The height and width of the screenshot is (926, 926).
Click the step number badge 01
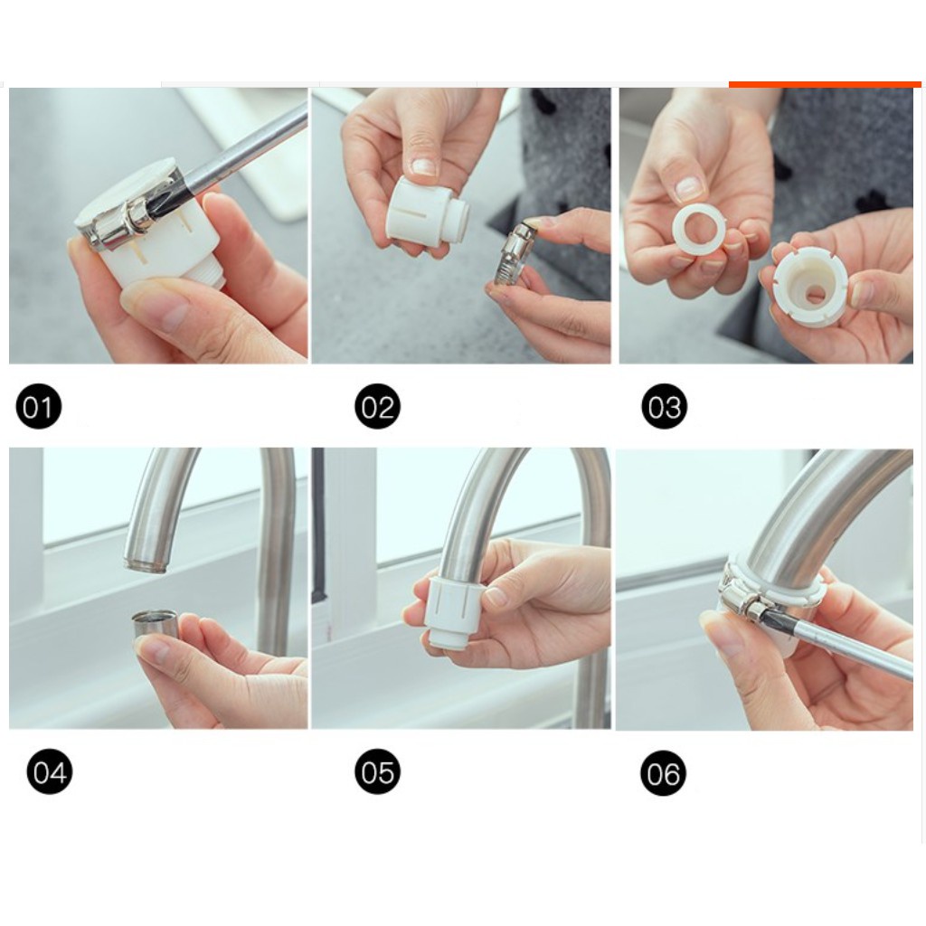38,407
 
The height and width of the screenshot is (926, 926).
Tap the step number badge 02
377,406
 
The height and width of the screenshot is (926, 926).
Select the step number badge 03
665,406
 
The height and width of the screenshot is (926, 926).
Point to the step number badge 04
50,771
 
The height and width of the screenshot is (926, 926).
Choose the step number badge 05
377,771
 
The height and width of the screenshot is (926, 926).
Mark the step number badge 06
663,773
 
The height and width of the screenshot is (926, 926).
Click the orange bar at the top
825,84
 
